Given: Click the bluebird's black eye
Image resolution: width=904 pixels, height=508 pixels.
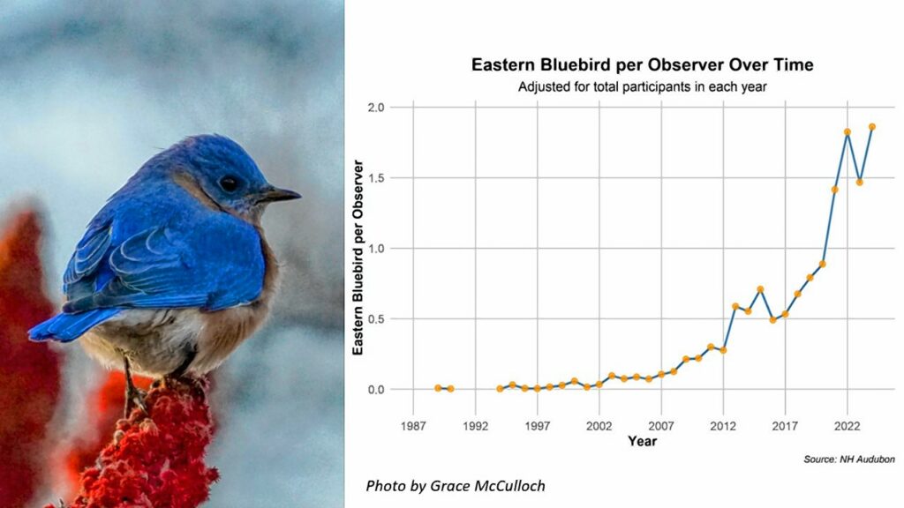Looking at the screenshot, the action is click(x=229, y=183).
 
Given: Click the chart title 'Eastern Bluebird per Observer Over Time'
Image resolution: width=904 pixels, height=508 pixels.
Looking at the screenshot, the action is click(x=643, y=64).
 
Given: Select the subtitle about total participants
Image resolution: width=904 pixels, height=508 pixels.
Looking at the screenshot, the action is click(x=643, y=87).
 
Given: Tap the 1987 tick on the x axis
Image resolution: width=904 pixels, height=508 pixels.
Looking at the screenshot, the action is click(x=413, y=426).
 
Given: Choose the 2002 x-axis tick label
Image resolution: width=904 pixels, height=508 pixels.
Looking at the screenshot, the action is click(x=599, y=426).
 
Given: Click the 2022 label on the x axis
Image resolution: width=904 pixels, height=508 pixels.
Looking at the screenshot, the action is click(x=847, y=426).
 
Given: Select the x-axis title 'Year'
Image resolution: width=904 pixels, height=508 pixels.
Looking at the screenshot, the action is click(x=643, y=441).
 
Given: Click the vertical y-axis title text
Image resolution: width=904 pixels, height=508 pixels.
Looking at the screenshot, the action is click(x=358, y=258).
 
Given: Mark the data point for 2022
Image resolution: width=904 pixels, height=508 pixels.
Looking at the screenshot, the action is click(x=847, y=132).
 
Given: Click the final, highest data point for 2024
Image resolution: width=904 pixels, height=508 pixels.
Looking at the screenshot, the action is click(x=871, y=127).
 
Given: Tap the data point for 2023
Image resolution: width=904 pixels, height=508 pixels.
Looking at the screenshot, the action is click(x=860, y=182).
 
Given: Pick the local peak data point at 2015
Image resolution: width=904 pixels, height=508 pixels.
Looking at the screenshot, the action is click(x=760, y=289).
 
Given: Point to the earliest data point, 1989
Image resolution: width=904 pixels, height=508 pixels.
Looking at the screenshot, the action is click(x=438, y=388).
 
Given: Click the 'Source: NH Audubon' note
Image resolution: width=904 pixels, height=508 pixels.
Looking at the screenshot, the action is click(x=849, y=459).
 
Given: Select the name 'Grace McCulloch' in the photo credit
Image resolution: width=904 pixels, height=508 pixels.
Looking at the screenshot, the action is click(x=487, y=486).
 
